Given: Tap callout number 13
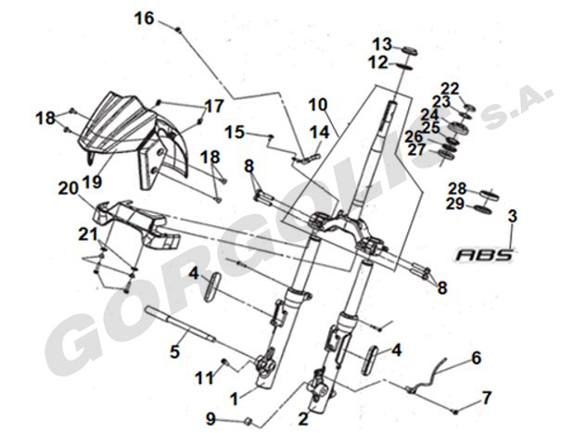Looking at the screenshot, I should pos(383,44).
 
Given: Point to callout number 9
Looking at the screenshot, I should pos(211,417).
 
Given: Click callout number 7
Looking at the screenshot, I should pos(486,400).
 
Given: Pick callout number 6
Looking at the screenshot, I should pos(476,358).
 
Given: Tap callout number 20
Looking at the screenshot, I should pos(68,187).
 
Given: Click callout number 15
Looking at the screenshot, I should pos(235,133).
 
